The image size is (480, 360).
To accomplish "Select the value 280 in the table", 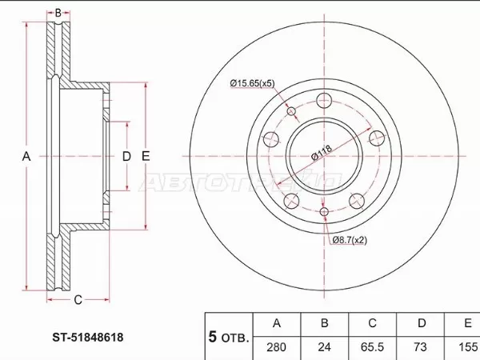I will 277,348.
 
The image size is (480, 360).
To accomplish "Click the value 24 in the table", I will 323,348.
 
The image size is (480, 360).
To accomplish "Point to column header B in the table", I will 323,324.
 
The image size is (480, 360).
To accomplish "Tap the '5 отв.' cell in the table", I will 229,336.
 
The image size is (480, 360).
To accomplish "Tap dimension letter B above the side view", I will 57,13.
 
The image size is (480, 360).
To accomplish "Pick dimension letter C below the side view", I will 78,300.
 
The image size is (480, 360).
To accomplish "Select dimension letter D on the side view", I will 126,156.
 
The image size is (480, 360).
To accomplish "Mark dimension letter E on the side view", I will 146,156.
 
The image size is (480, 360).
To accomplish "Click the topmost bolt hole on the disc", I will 324,101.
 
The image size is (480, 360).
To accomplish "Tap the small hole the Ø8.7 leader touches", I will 324,212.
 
